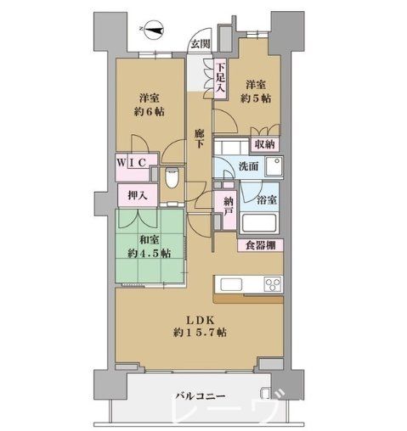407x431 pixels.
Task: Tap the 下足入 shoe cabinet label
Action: [x=220, y=78]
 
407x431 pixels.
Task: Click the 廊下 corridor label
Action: [x=199, y=140]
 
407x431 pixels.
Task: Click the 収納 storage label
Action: [x=264, y=144]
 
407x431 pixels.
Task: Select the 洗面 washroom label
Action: [x=249, y=166]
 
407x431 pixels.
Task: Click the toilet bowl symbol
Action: [x=170, y=178]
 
